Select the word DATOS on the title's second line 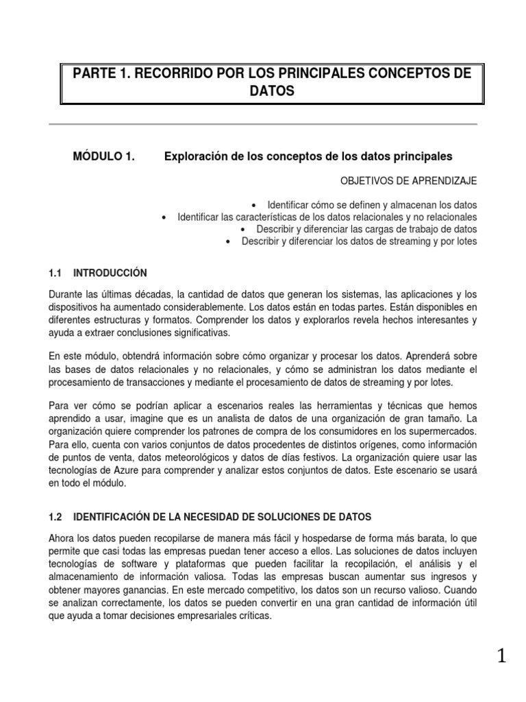pyautogui.click(x=272, y=91)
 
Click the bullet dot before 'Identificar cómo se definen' pyautogui.click(x=253, y=205)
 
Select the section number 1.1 pyautogui.click(x=56, y=273)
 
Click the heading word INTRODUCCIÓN pyautogui.click(x=110, y=273)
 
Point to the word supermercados pyautogui.click(x=440, y=431)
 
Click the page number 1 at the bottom pyautogui.click(x=502, y=657)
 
